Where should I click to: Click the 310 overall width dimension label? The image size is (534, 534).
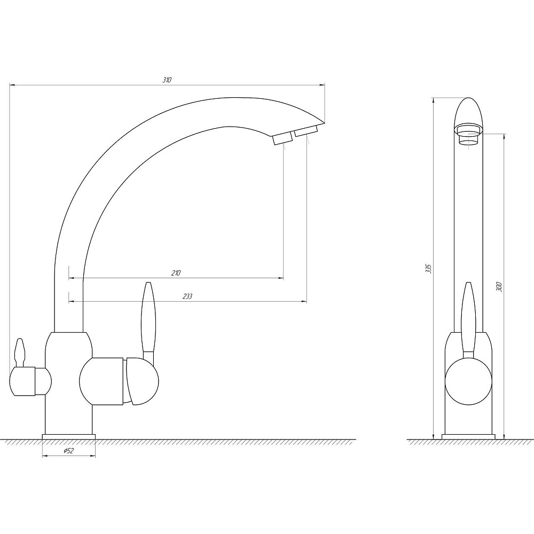coord(167,81)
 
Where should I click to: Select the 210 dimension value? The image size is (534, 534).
coord(176,273)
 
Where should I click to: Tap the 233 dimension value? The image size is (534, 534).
coord(187,296)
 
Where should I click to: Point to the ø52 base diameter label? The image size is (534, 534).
coord(69,451)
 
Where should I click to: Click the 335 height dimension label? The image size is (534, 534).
coord(429,269)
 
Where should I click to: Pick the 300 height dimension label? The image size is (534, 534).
coord(499,287)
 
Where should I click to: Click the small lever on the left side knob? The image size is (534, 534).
coord(20,352)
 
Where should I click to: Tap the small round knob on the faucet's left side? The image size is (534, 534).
coord(30,381)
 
